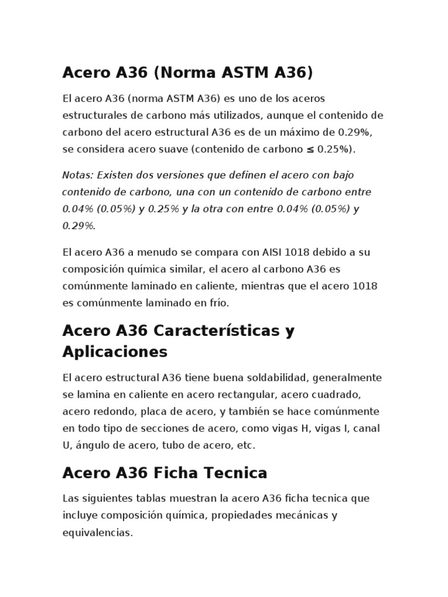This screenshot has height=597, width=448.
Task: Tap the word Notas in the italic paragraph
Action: click(x=77, y=175)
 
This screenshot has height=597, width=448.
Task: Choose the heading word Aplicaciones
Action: click(x=115, y=352)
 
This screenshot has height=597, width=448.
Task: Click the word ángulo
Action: click(x=92, y=445)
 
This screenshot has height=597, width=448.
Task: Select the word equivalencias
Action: click(x=97, y=533)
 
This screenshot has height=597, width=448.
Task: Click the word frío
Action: click(x=218, y=303)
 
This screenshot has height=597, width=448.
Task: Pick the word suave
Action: click(x=178, y=149)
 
